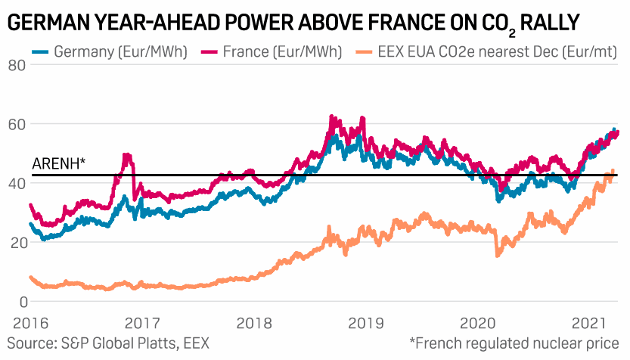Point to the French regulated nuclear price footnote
pyautogui.click(x=514, y=343)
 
